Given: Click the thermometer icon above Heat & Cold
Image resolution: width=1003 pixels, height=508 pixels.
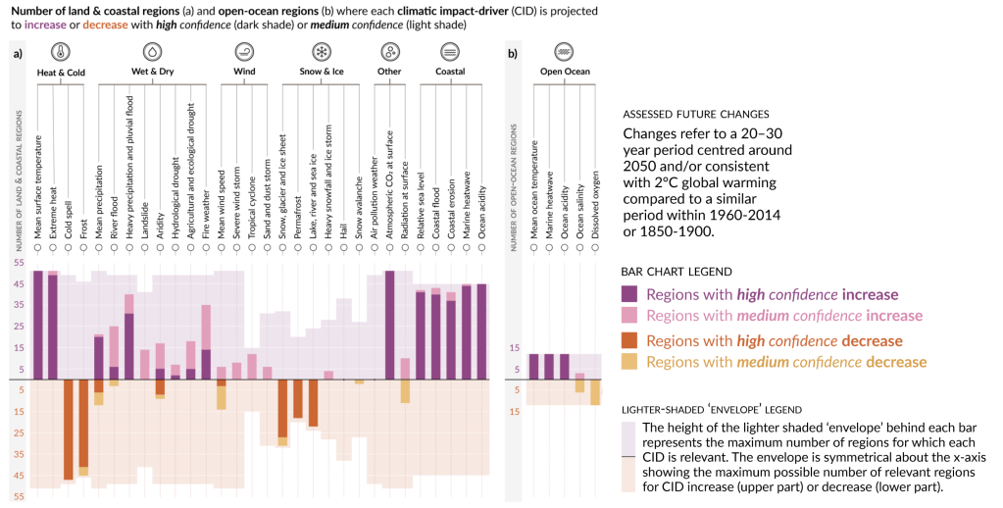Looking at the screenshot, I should pos(61,52).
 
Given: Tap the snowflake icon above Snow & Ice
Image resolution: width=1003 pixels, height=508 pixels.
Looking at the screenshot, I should pos(320,52).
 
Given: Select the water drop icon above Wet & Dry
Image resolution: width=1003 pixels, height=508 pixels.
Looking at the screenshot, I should pos(153,52).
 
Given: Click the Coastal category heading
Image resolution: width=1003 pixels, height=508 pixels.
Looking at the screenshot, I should pos(449,72).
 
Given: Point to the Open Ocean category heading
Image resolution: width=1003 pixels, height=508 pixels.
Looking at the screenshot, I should pos(563,72).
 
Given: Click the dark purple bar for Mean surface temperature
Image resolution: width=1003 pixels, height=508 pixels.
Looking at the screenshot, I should pos(38,325).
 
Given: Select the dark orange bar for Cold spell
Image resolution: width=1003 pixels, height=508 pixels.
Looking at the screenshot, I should pos(69,430).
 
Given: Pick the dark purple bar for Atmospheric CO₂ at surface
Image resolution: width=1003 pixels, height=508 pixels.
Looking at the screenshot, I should pos(389,325).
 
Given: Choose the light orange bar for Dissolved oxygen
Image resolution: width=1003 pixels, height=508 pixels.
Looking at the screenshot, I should pos(594,392).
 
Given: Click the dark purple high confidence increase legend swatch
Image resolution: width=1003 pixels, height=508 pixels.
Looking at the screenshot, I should pos(630,293).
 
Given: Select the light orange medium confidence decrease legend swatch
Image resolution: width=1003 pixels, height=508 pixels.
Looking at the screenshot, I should pos(630,362).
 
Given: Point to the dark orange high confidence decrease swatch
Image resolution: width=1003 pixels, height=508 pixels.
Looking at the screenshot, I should pos(630,340).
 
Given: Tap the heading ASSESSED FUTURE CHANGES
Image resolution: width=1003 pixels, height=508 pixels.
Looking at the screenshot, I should pos(696,114).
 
